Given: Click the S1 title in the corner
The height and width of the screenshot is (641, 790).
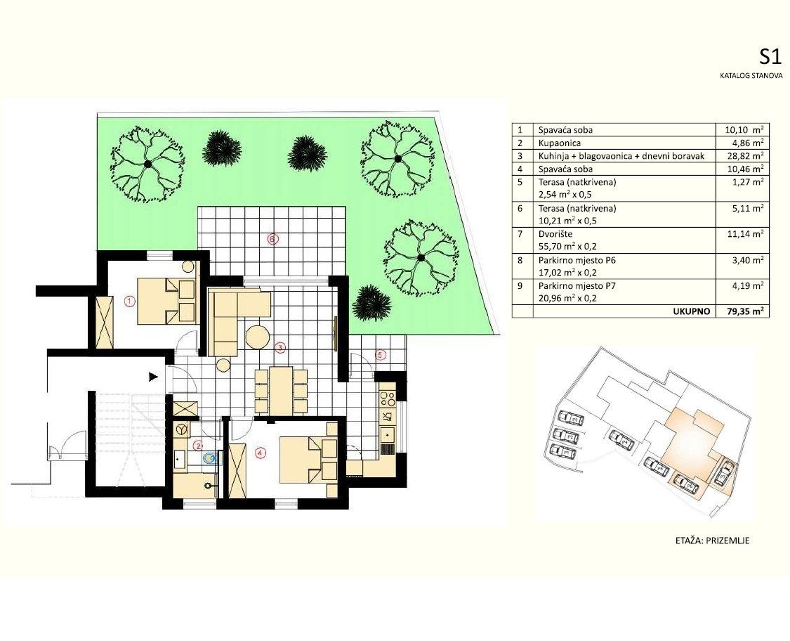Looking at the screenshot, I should pyautogui.click(x=770, y=57).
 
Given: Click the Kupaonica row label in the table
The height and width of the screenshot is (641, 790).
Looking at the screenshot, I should pyautogui.click(x=560, y=143).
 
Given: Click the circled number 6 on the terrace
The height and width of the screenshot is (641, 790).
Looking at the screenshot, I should pyautogui.click(x=273, y=239).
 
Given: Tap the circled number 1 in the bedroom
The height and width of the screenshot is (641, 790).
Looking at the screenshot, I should pyautogui.click(x=129, y=301).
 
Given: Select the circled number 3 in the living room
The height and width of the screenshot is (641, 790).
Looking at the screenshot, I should pyautogui.click(x=279, y=347).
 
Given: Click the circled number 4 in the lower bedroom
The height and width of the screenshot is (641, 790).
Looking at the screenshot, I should pyautogui.click(x=260, y=453).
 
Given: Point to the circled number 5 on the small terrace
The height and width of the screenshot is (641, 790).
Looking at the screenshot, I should pyautogui.click(x=380, y=356).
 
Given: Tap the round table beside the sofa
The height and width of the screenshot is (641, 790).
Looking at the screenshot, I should pyautogui.click(x=257, y=337).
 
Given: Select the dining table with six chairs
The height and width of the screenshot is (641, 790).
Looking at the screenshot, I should pyautogui.click(x=281, y=391).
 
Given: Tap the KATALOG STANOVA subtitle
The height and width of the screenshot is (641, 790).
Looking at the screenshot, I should pyautogui.click(x=749, y=75).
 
